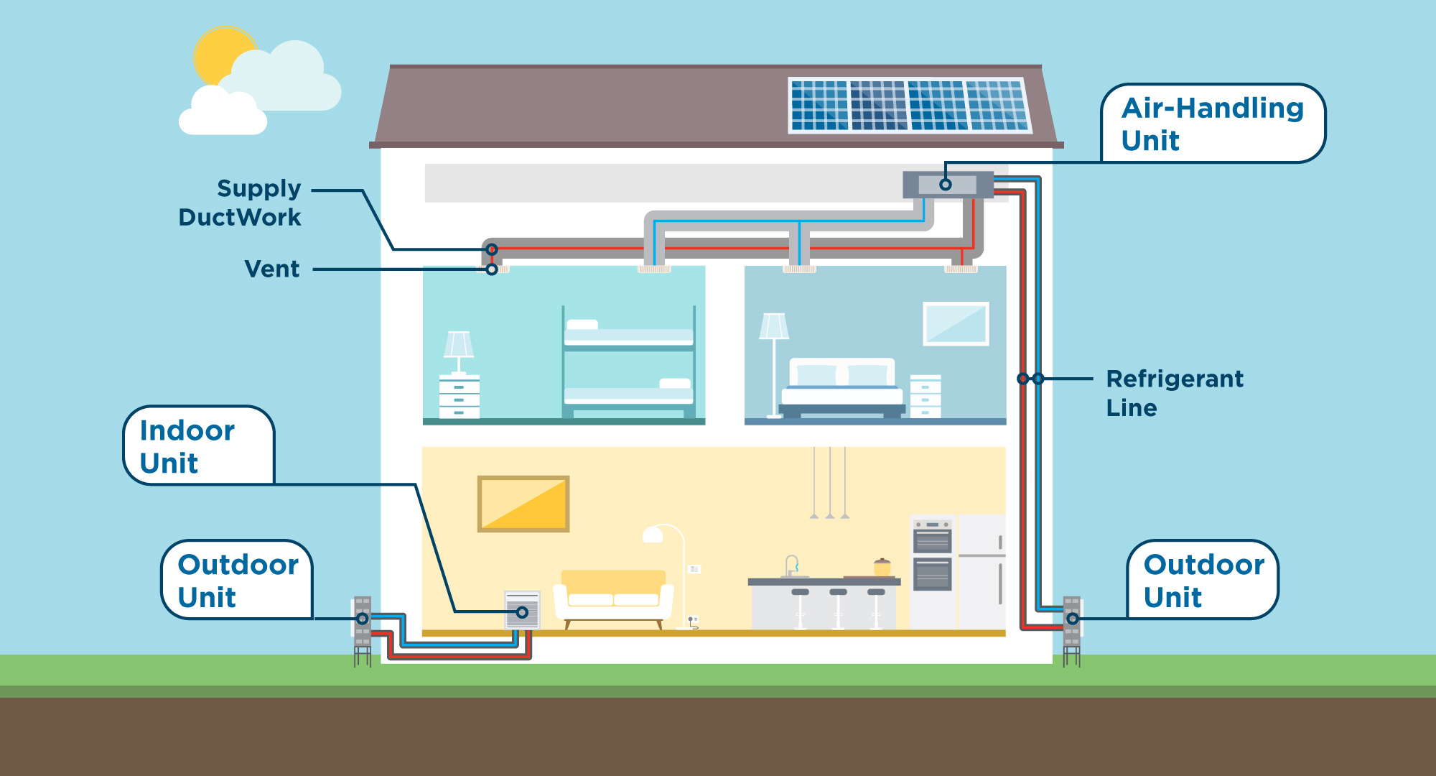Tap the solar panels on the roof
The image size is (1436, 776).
click(909, 106)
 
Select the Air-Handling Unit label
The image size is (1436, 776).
click(1212, 124)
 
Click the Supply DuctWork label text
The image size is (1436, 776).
click(241, 203)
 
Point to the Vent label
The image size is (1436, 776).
click(271, 269)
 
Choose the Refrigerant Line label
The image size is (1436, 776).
click(1174, 392)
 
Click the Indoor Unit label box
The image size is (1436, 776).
click(197, 446)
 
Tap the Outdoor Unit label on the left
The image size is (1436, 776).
click(237, 580)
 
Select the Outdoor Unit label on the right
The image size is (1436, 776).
click(1203, 580)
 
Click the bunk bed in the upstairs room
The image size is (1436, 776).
click(628, 363)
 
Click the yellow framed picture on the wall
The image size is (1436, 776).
click(523, 504)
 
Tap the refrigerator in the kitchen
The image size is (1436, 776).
click(982, 571)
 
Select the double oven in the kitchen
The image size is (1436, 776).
click(933, 554)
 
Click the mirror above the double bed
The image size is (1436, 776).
click(956, 324)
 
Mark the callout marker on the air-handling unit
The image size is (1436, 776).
click(946, 185)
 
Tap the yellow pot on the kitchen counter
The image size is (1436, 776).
click(882, 568)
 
